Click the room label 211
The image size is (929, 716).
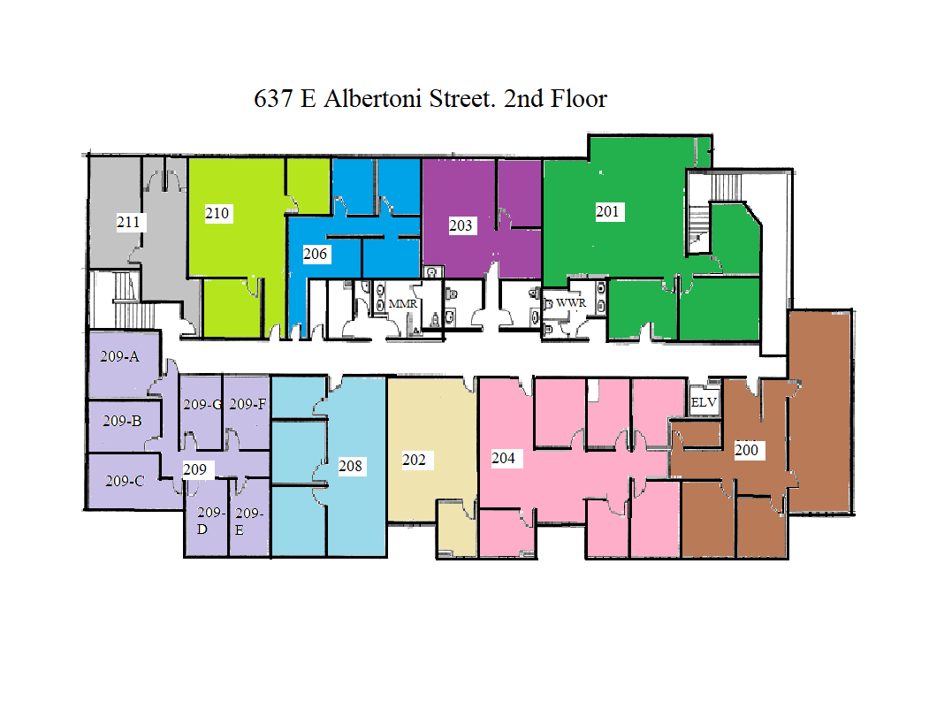129,222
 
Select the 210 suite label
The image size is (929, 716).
217,213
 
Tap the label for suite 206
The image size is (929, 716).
316,255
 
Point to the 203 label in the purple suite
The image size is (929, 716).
461,225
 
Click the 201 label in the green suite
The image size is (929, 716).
608,211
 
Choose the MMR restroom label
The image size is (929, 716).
402,303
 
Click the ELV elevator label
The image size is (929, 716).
704,402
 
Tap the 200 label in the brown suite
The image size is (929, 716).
747,450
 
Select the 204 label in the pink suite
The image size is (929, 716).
503,458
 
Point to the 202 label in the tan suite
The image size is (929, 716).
414,460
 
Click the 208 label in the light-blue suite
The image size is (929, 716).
350,466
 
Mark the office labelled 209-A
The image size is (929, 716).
121,357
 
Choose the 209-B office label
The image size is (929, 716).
122,421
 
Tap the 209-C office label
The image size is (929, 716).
125,482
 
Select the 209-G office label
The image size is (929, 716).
202,405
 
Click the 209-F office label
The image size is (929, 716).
247,405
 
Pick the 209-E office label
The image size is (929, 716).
248,521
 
